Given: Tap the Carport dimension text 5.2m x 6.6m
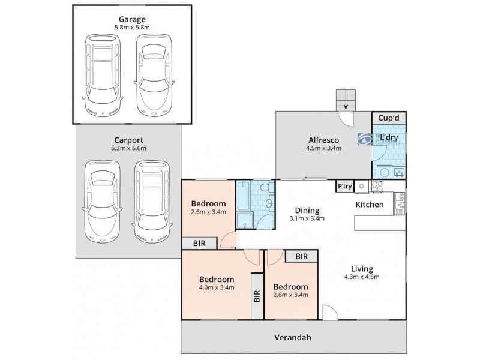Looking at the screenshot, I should click(128, 148).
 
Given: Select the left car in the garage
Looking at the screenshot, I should click(103, 74).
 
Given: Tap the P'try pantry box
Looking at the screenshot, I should click(344, 187).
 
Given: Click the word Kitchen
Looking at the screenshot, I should click(370, 205).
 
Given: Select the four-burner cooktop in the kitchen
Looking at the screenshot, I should click(378, 187).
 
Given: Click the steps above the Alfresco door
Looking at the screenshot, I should click(345, 98).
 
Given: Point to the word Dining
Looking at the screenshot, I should click(307, 210).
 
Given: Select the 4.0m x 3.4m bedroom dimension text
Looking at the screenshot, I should click(217, 288).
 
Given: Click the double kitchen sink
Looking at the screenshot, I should click(398, 203).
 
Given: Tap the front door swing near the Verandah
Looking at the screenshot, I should click(329, 312).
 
